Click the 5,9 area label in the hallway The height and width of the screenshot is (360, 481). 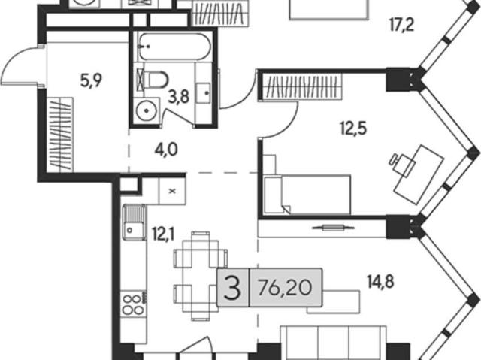91,80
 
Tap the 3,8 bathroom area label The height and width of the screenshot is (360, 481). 178,98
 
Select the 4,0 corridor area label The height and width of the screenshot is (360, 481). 166,150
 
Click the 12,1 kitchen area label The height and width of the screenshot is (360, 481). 163,235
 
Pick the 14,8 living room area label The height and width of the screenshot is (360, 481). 380,281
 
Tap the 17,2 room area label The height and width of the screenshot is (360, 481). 402,25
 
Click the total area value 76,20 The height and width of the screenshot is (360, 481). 285,288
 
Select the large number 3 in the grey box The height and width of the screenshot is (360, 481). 232,287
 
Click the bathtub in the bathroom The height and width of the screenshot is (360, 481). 174,47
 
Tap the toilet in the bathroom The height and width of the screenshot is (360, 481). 156,80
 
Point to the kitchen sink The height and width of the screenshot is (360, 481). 134,222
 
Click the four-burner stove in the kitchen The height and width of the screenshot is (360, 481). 134,304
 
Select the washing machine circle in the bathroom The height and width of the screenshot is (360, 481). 147,110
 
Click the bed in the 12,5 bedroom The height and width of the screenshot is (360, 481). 307,195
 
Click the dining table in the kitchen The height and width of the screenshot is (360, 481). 201,276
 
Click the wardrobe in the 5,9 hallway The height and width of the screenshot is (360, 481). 60,135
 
